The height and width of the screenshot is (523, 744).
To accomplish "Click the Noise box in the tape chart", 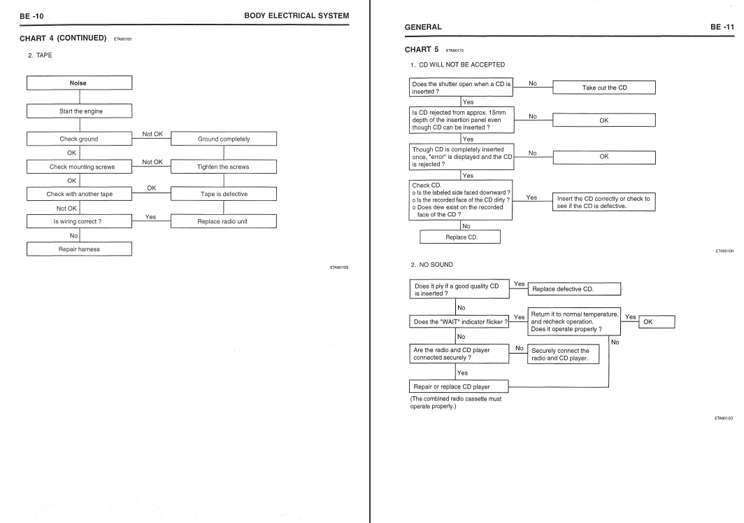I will (x=78, y=83).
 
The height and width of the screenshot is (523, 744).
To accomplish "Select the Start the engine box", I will (x=78, y=111).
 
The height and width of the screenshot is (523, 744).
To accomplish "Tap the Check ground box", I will (x=78, y=139).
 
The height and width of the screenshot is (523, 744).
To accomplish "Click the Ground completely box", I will (x=224, y=139).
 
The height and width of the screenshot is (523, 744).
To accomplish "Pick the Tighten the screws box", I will (x=224, y=167).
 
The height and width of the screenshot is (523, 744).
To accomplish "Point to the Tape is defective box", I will (x=224, y=194).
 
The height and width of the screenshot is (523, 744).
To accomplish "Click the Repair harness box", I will (x=78, y=249).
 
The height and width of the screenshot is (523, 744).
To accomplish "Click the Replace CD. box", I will (x=462, y=237).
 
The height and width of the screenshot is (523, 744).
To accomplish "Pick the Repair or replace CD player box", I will (x=459, y=386).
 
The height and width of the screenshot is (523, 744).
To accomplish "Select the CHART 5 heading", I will (x=422, y=50).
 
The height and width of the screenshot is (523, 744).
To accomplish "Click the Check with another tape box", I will (x=78, y=194).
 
